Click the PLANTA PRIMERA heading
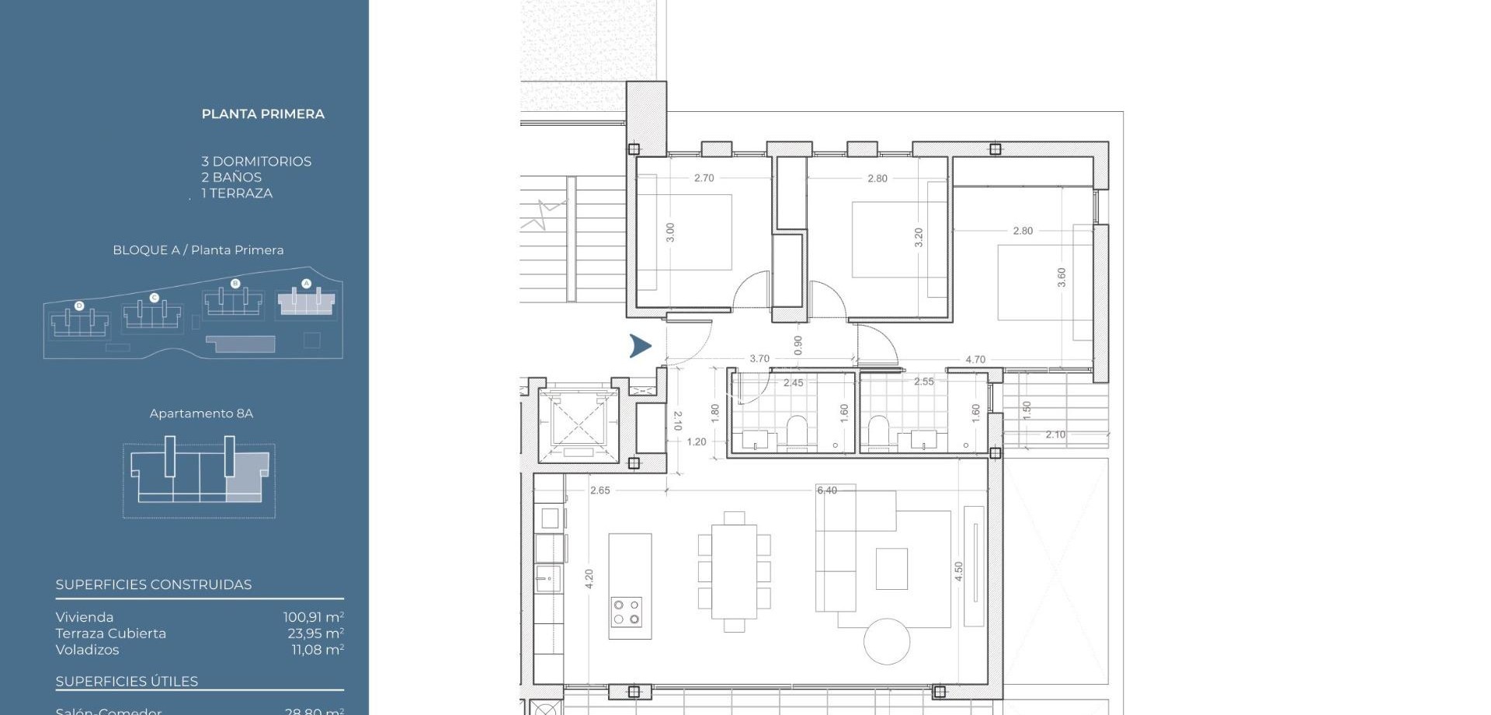point(262,113)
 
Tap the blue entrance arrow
point(640,346)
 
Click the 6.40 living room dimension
point(827,490)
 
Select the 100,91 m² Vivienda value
point(313,617)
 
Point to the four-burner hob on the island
point(626,612)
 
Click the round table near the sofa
point(887,641)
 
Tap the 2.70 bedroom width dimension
point(704,178)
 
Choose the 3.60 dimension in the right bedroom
point(1062,277)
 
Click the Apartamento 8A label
point(201,413)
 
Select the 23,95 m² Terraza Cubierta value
point(315,633)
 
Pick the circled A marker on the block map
point(306,284)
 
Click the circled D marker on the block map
point(79,305)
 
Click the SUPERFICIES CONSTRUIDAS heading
point(154,584)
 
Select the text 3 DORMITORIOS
point(256,162)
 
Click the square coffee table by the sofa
point(891,568)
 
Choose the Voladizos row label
point(87,650)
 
